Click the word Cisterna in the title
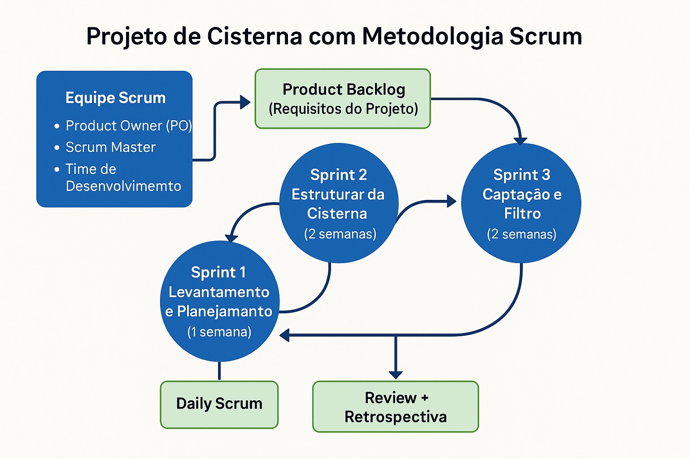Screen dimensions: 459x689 254,36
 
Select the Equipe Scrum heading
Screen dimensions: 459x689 115,98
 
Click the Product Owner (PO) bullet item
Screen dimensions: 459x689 128,126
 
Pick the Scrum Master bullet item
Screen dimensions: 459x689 110,147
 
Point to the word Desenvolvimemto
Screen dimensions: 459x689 123,186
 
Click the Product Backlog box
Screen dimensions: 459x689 343,99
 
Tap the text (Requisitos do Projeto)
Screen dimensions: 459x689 343,109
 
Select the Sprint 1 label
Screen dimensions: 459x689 218,272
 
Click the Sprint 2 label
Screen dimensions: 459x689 338,174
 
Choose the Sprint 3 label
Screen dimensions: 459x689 522,174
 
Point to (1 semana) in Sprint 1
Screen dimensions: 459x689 219,332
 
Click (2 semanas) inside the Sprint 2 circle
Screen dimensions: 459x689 340,234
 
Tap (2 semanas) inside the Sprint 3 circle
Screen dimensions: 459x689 522,234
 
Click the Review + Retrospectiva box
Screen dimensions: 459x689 395,407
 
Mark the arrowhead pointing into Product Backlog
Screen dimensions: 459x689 245,102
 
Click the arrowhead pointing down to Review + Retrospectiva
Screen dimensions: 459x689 396,375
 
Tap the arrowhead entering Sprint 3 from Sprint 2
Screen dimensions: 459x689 451,201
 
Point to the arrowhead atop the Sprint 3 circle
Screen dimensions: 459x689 520,141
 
